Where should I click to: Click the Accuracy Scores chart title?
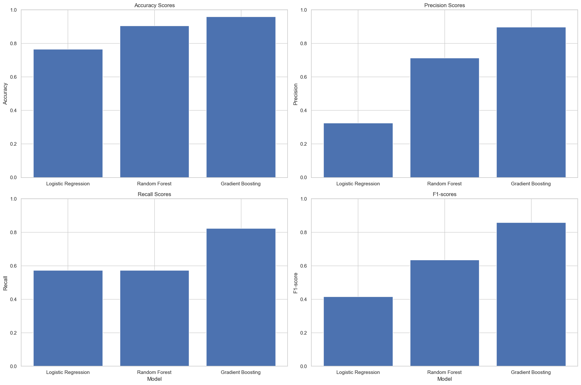tap(154, 6)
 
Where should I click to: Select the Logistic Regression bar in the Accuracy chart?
tap(68, 113)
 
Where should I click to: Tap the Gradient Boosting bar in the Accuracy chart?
tap(241, 97)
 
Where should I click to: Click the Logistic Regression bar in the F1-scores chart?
tap(358, 331)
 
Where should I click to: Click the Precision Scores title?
tap(445, 6)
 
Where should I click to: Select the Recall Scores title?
tap(154, 194)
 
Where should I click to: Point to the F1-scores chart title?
tap(445, 194)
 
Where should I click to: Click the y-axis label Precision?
tap(296, 94)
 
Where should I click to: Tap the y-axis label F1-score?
tap(296, 283)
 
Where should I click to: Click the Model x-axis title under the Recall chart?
tap(154, 379)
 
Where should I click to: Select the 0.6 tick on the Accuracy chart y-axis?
tap(14, 77)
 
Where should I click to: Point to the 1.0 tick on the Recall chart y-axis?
tap(14, 199)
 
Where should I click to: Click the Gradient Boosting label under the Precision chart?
tap(531, 184)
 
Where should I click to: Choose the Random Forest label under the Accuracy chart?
tap(154, 184)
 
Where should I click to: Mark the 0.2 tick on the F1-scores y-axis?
tap(304, 333)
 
